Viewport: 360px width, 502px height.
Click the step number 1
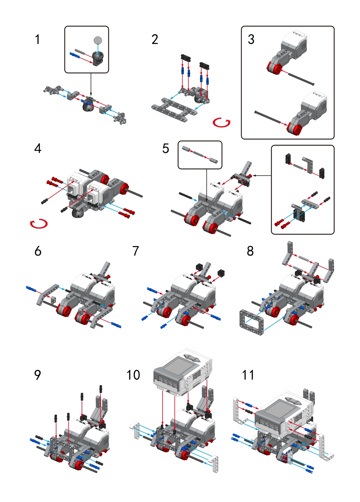[x=37, y=39]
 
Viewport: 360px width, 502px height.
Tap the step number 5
[x=166, y=148]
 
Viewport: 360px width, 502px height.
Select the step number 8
[x=250, y=251]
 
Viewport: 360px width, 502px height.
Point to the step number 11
[x=248, y=375]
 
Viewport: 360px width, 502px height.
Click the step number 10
[x=133, y=375]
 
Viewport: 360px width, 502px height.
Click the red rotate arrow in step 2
[x=222, y=123]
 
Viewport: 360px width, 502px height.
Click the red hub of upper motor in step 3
[x=275, y=69]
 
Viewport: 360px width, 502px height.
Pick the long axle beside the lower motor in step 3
[x=269, y=117]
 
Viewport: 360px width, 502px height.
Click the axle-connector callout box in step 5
[x=200, y=154]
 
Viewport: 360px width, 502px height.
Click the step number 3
[x=251, y=39]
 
